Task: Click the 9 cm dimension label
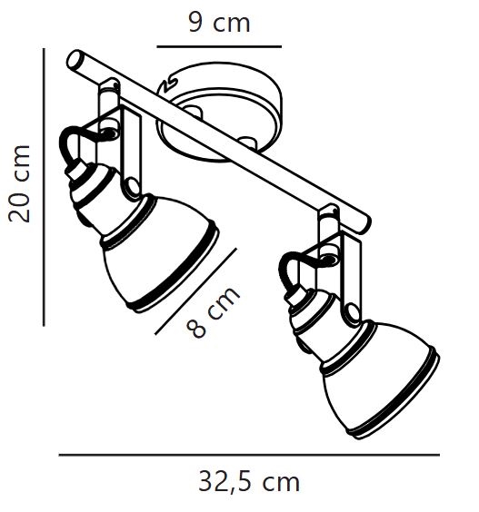point(219,23)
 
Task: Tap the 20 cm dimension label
point(19,184)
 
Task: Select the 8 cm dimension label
point(214,311)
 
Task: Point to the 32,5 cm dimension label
point(249,482)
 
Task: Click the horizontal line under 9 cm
point(219,46)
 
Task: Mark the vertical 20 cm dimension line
point(44,187)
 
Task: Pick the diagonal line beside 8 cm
point(195,291)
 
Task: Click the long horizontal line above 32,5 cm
point(249,454)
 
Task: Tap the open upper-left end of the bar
point(74,59)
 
